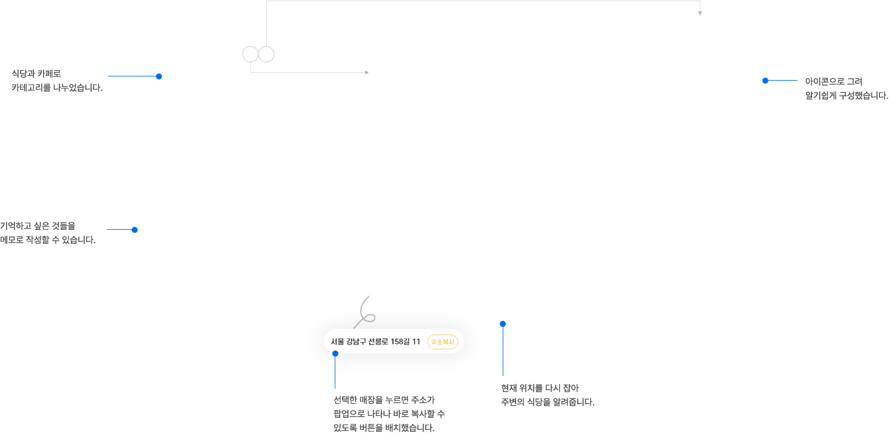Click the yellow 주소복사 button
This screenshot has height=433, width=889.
point(443,341)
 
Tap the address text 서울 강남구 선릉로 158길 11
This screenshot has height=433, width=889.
point(375,341)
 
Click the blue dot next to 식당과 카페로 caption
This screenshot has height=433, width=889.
point(159,76)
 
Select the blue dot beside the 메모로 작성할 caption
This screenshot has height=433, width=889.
point(135,230)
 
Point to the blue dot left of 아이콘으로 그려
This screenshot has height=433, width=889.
point(765,81)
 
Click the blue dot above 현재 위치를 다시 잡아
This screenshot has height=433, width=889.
point(503,324)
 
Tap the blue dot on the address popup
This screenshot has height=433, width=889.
point(335,354)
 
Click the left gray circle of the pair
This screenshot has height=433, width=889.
point(250,55)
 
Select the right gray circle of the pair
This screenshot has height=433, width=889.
point(267,55)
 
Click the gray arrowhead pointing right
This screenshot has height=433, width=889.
point(367,72)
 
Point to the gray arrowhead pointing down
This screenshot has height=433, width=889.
point(700,13)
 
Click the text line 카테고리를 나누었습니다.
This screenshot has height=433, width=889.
point(57,88)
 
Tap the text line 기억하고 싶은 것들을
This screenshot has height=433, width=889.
point(38,226)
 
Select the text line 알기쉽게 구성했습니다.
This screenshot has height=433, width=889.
point(847,96)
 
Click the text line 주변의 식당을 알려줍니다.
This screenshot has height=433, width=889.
point(548,402)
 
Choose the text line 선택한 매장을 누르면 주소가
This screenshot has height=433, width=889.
point(384,400)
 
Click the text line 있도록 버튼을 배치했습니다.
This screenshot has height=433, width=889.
point(384,428)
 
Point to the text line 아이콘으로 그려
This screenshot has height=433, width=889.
point(834,81)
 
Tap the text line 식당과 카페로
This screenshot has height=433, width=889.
point(36,73)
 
